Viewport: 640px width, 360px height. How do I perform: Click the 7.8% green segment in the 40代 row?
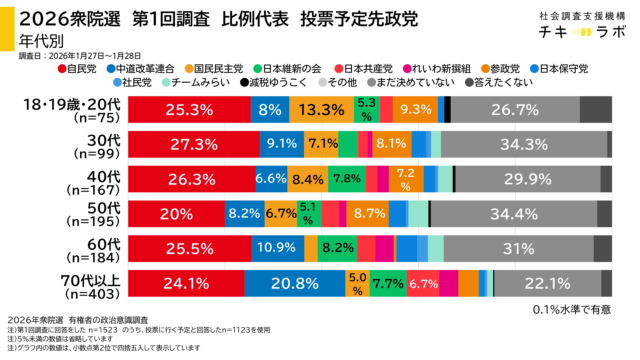[346, 179]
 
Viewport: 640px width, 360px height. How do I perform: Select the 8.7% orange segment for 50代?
[370, 214]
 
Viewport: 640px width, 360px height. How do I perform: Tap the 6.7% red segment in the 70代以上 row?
[424, 283]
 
